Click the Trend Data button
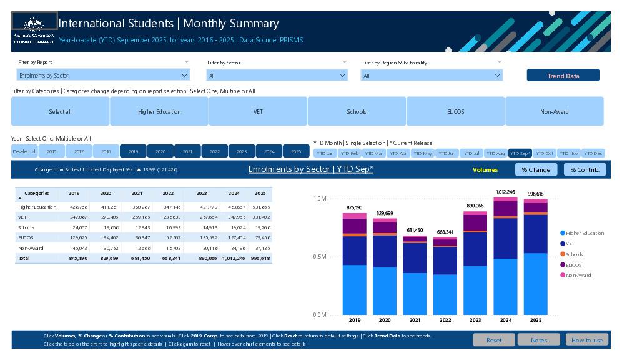(563, 76)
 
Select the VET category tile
(258, 112)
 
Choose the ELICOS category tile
(455, 112)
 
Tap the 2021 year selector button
(187, 151)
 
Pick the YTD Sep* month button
(520, 153)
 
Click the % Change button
(536, 169)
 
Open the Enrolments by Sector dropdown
(103, 76)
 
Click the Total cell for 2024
(234, 258)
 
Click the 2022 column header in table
(168, 194)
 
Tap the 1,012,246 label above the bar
(505, 192)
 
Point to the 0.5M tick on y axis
(319, 257)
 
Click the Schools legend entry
(574, 254)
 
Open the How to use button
(586, 340)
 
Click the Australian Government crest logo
(34, 25)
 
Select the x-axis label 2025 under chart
(535, 321)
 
